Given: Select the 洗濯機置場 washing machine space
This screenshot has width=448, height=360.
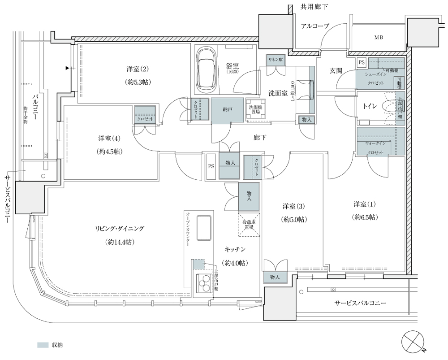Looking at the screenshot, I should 254,110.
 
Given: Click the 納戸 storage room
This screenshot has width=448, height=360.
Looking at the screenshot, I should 228,109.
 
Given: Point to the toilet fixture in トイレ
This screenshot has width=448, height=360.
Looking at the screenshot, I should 398,106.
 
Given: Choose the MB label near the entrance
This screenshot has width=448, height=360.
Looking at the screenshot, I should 379,38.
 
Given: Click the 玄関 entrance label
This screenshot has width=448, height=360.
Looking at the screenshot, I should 336,71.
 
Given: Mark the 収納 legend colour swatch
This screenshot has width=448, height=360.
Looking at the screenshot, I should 42,345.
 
